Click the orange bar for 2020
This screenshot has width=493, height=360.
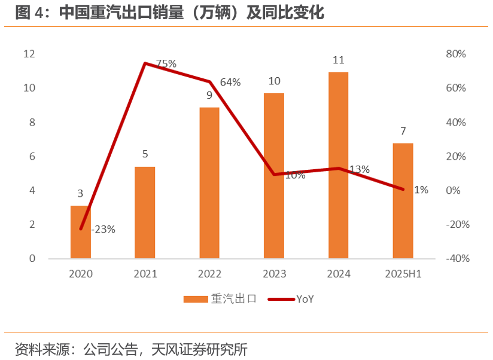tap(81, 232)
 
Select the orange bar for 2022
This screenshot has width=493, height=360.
tap(209, 183)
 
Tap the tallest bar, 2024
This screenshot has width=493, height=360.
tap(339, 166)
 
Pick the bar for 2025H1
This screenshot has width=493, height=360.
tap(403, 201)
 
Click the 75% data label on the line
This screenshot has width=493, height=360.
tap(166, 63)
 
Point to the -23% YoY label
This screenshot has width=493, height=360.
tap(103, 229)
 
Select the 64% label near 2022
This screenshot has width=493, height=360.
tap(230, 83)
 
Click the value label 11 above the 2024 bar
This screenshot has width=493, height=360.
tap(339, 60)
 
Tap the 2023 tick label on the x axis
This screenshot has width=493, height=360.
tap(274, 274)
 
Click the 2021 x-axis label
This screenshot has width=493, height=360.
tap(145, 274)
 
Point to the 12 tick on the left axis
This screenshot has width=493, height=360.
tap(29, 54)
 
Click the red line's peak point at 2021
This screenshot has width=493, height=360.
tap(145, 63)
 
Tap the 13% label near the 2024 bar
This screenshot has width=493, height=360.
tap(358, 169)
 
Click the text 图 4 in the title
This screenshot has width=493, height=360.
tap(29, 13)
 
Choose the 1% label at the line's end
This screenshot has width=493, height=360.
tap(421, 190)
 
